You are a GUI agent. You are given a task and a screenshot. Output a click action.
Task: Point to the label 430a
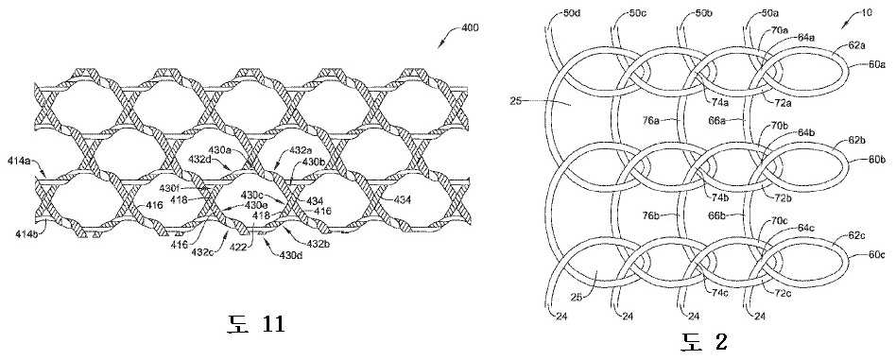220,150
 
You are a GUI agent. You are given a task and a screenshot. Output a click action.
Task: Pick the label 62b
857,140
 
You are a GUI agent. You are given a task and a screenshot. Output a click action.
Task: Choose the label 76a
652,120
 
